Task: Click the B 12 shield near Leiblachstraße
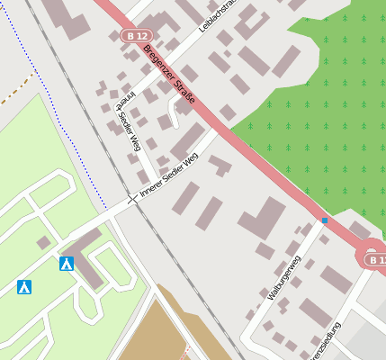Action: tap(131, 34)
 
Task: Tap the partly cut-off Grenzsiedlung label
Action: tap(326, 343)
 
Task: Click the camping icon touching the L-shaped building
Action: tap(66, 264)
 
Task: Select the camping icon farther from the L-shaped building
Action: tap(24, 287)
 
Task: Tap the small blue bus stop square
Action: tap(324, 220)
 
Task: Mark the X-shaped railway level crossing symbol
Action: tap(133, 197)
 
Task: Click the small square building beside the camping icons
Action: tap(42, 242)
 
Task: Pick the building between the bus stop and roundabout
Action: tap(359, 230)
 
